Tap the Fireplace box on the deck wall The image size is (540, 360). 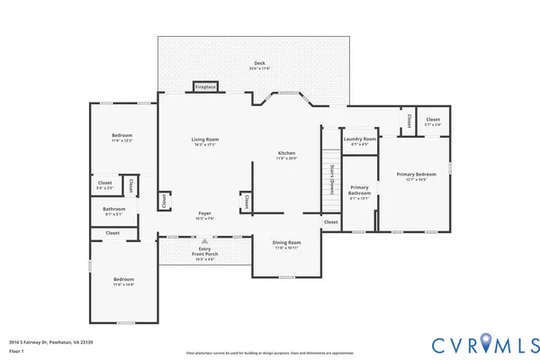click(x=205, y=87)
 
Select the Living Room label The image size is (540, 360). click(x=205, y=141)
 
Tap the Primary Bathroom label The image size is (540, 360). click(x=359, y=193)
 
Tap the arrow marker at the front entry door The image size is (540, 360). click(x=204, y=241)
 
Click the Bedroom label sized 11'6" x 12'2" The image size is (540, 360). click(x=121, y=138)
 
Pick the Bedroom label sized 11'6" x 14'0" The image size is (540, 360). click(x=123, y=282)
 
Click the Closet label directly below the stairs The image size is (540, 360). click(x=330, y=221)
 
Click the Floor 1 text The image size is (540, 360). click(x=16, y=351)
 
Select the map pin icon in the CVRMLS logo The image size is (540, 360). click(x=486, y=343)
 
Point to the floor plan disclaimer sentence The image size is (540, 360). click(x=270, y=353)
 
